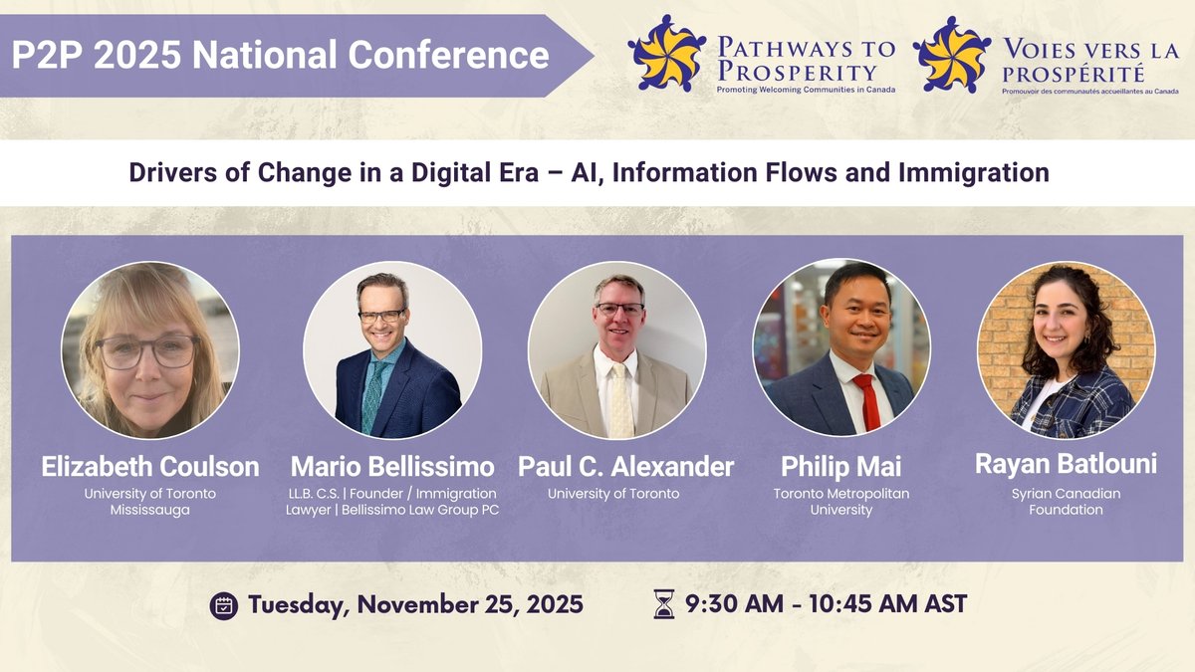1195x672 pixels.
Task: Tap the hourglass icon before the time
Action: [662, 603]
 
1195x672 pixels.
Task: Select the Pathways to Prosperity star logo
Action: [666, 55]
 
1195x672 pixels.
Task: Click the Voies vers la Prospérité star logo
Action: [951, 55]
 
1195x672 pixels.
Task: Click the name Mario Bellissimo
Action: [392, 466]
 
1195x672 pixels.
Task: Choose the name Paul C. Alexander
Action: [625, 466]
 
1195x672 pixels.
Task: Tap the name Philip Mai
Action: [841, 466]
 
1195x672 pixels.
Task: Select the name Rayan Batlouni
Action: [1067, 464]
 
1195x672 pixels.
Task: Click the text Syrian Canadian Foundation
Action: [1067, 502]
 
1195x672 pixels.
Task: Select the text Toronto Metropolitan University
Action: [841, 502]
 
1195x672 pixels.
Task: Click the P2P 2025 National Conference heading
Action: [281, 54]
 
